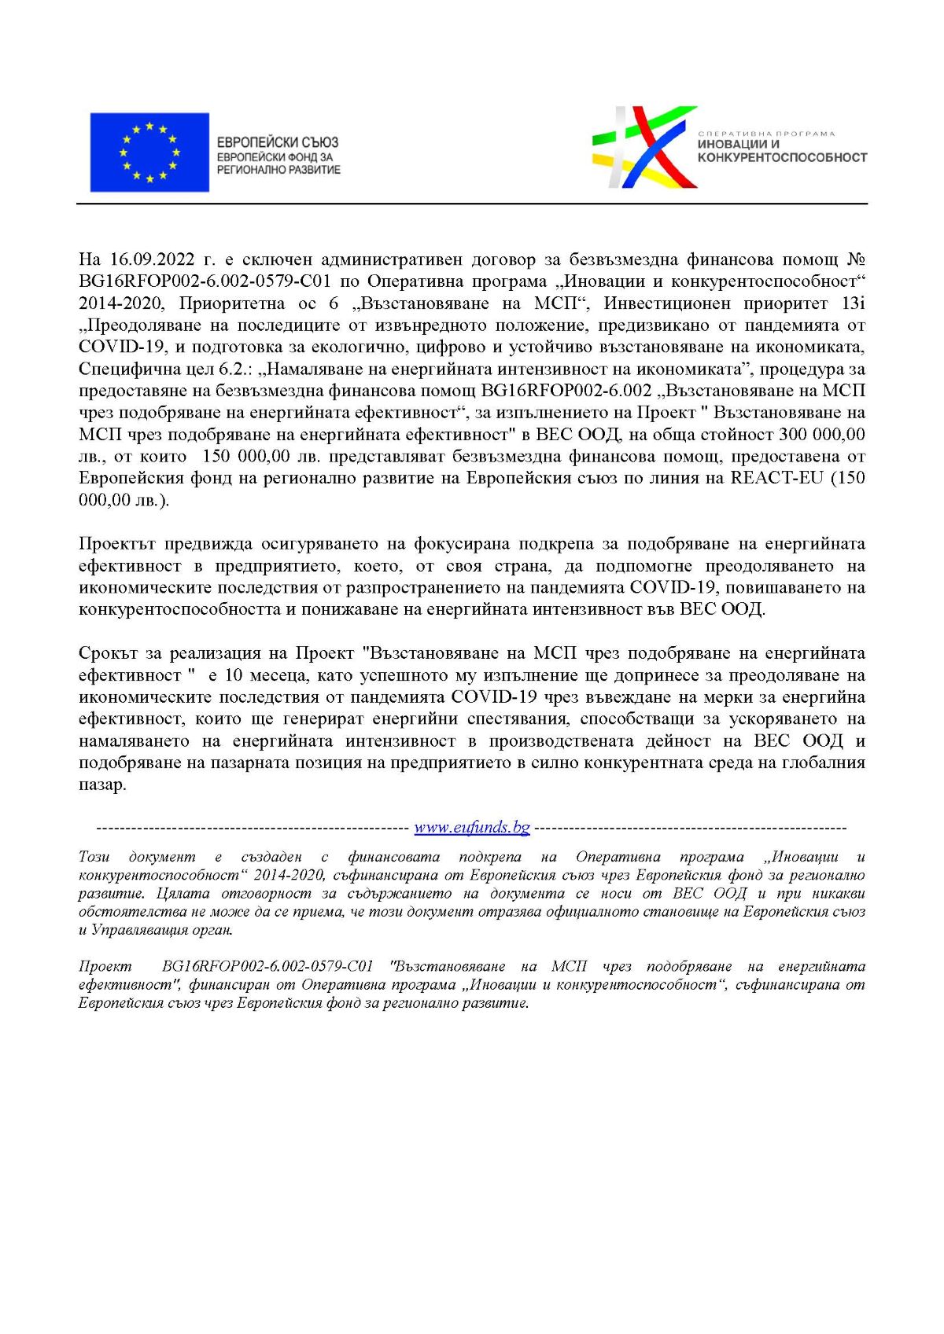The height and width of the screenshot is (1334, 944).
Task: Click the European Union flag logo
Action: [x=149, y=153]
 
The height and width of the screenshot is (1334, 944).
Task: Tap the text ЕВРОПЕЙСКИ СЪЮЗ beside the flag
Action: [x=278, y=142]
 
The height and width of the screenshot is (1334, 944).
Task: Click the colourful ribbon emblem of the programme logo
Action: [x=644, y=147]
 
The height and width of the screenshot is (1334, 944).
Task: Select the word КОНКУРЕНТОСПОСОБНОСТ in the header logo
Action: [x=782, y=158]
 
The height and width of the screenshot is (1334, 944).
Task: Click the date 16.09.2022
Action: [x=152, y=259]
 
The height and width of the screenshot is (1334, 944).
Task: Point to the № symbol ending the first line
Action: [x=856, y=259]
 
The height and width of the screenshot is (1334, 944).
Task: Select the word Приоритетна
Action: [x=231, y=303]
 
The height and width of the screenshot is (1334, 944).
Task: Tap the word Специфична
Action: [x=124, y=369]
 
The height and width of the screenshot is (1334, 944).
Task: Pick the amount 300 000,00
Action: [x=821, y=435]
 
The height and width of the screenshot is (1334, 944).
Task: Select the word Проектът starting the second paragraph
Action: [x=117, y=544]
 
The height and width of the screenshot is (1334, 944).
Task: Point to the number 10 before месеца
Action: [x=234, y=675]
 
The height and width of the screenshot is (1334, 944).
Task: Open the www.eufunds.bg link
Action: [x=472, y=827]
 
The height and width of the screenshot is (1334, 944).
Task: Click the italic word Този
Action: [x=94, y=857]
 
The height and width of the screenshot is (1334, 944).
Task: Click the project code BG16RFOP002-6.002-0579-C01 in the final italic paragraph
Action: [x=267, y=966]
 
